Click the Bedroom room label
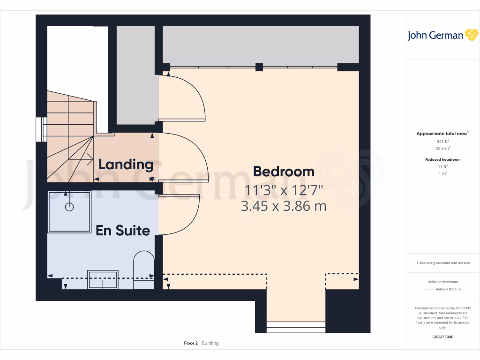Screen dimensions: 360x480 284,172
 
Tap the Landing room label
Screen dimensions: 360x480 126,165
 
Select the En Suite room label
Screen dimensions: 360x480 123,230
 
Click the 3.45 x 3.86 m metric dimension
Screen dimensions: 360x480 284,206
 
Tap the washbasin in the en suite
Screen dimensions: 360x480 103,278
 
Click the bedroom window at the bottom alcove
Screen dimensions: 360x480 296,327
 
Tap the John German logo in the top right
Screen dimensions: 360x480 442,35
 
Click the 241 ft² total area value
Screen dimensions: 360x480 443,141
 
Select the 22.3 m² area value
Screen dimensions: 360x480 443,148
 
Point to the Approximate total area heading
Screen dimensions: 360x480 442,134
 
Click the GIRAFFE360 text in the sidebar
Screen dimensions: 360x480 443,337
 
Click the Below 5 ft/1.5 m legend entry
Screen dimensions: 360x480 449,289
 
